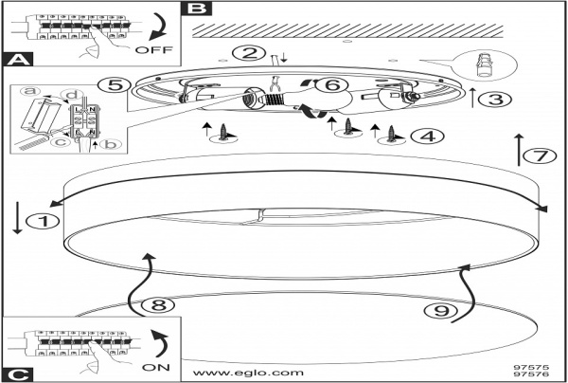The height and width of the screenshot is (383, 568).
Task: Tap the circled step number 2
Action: pyautogui.click(x=248, y=53)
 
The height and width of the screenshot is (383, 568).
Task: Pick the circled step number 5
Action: pyautogui.click(x=113, y=85)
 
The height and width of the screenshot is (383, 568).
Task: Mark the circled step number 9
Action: pyautogui.click(x=435, y=309)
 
